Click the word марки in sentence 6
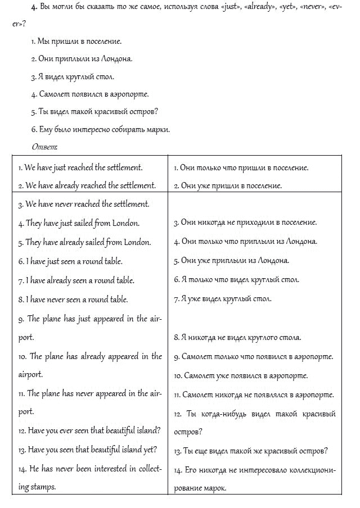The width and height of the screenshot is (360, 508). [x=158, y=129]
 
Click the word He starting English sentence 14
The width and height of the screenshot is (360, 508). [x=33, y=468]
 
